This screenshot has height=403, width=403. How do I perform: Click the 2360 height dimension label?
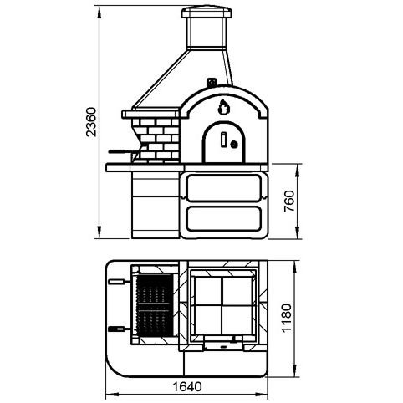click(91, 122)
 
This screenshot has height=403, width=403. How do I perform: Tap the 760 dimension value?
click(289, 201)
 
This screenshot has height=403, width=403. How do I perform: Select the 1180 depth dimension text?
click(287, 318)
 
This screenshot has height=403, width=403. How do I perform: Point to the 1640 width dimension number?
click(187, 386)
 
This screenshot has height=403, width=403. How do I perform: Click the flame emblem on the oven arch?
click(223, 107)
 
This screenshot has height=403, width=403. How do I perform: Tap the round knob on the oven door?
click(234, 145)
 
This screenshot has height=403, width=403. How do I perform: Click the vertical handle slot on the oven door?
click(223, 140)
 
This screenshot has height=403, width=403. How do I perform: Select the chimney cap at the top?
click(207, 13)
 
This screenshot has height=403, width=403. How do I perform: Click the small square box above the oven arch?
click(212, 82)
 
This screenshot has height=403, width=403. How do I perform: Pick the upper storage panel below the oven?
click(224, 188)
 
